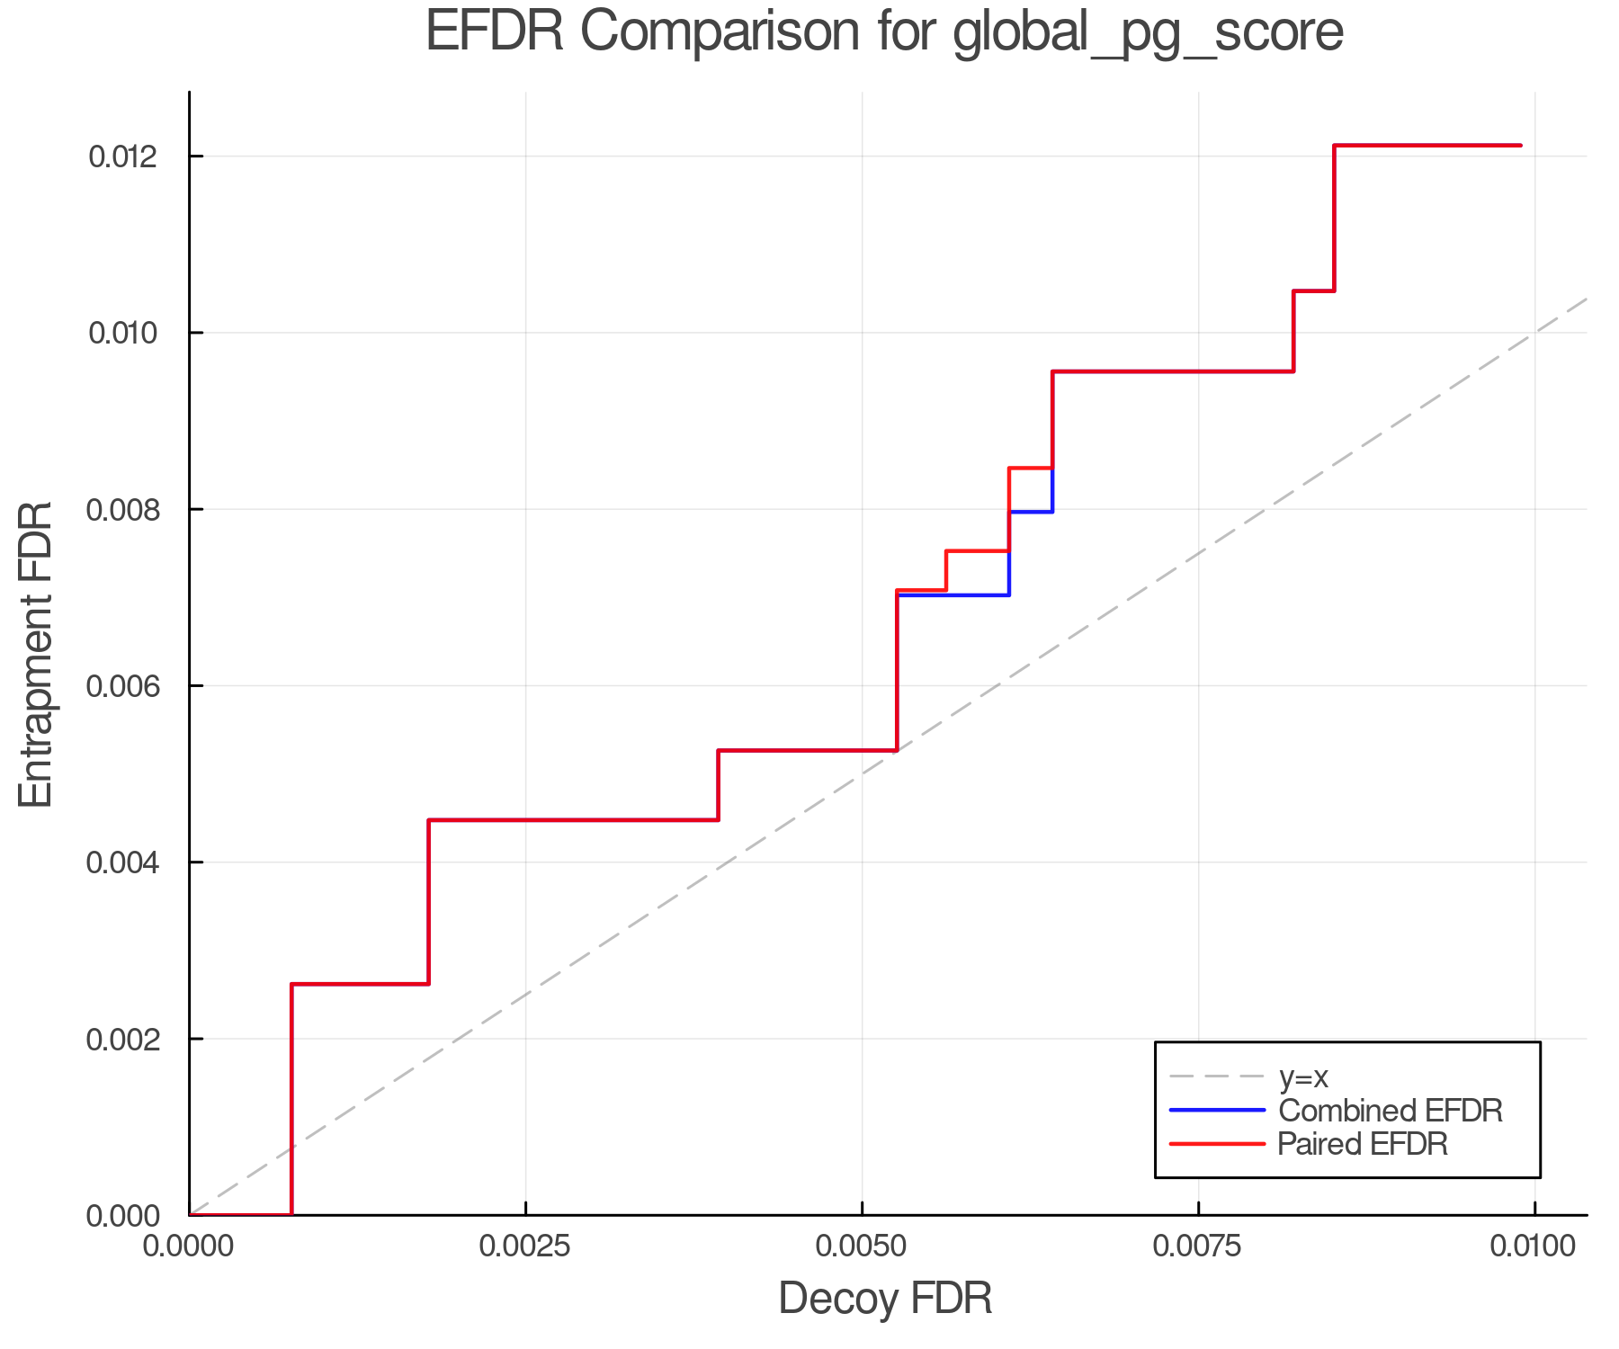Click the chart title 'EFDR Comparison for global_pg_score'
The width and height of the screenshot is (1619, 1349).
coord(884,32)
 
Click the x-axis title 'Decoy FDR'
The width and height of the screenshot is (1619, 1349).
coord(885,1299)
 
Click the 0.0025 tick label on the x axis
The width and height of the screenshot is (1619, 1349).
coord(525,1246)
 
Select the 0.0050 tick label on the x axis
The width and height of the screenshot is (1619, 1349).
coord(862,1246)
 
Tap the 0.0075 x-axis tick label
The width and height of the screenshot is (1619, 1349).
coord(1198,1246)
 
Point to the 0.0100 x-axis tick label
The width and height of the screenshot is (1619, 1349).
coord(1533,1246)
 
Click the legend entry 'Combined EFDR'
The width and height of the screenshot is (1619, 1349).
coord(1390,1111)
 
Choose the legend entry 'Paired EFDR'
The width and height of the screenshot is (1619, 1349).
coord(1363,1144)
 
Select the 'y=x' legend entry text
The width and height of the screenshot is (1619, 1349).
coord(1303,1077)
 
